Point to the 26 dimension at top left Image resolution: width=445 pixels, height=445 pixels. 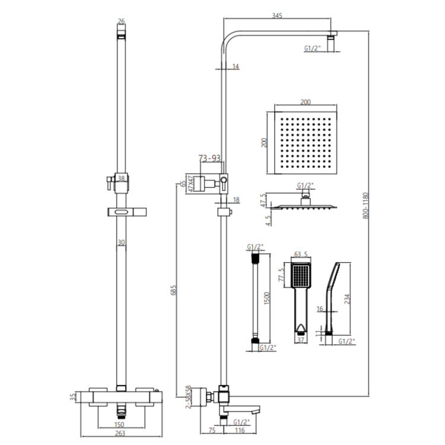coord(122,22)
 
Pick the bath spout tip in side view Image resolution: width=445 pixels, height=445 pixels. coord(256,410)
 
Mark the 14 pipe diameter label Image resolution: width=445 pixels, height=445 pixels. coord(236,66)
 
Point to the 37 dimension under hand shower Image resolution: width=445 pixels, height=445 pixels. coord(301,341)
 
